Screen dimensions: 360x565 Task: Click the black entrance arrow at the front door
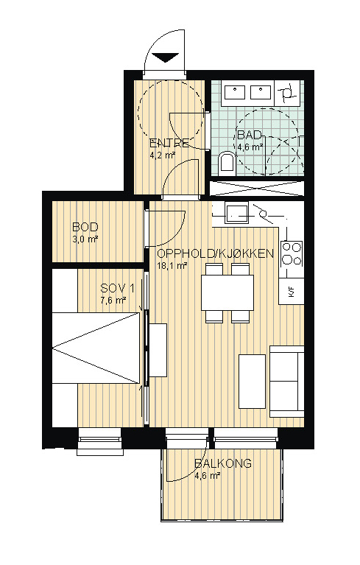166,57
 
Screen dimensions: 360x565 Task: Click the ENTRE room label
169,143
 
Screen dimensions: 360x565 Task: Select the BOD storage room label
85,227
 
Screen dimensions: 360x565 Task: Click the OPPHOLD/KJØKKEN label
215,253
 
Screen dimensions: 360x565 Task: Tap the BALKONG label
223,463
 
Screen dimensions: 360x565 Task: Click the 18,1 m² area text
172,266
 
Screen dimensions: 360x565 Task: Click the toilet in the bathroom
227,161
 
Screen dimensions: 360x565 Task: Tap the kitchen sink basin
236,213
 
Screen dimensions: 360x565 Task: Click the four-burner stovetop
292,253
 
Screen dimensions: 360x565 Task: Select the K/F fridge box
292,291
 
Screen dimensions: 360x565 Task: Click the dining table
227,292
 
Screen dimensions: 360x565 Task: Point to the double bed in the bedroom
96,348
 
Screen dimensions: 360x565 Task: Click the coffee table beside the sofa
252,382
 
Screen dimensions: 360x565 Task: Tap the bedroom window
101,441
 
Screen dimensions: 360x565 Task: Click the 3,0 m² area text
85,239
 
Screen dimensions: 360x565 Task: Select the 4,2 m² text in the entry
162,155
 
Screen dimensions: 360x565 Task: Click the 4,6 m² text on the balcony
208,476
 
